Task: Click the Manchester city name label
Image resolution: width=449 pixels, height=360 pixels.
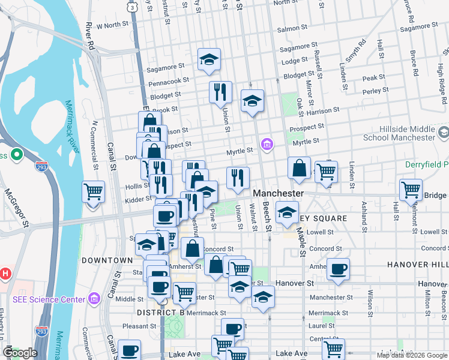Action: click(278, 194)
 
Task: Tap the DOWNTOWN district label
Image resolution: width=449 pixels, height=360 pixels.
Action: click(107, 260)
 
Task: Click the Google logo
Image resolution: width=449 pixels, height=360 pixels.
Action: click(20, 353)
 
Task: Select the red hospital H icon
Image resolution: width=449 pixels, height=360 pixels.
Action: click(5, 274)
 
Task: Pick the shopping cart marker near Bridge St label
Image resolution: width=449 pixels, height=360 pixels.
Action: click(411, 190)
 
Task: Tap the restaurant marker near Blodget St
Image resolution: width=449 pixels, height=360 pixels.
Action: click(220, 92)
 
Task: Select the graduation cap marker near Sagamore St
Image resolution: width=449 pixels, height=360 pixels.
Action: click(209, 59)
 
